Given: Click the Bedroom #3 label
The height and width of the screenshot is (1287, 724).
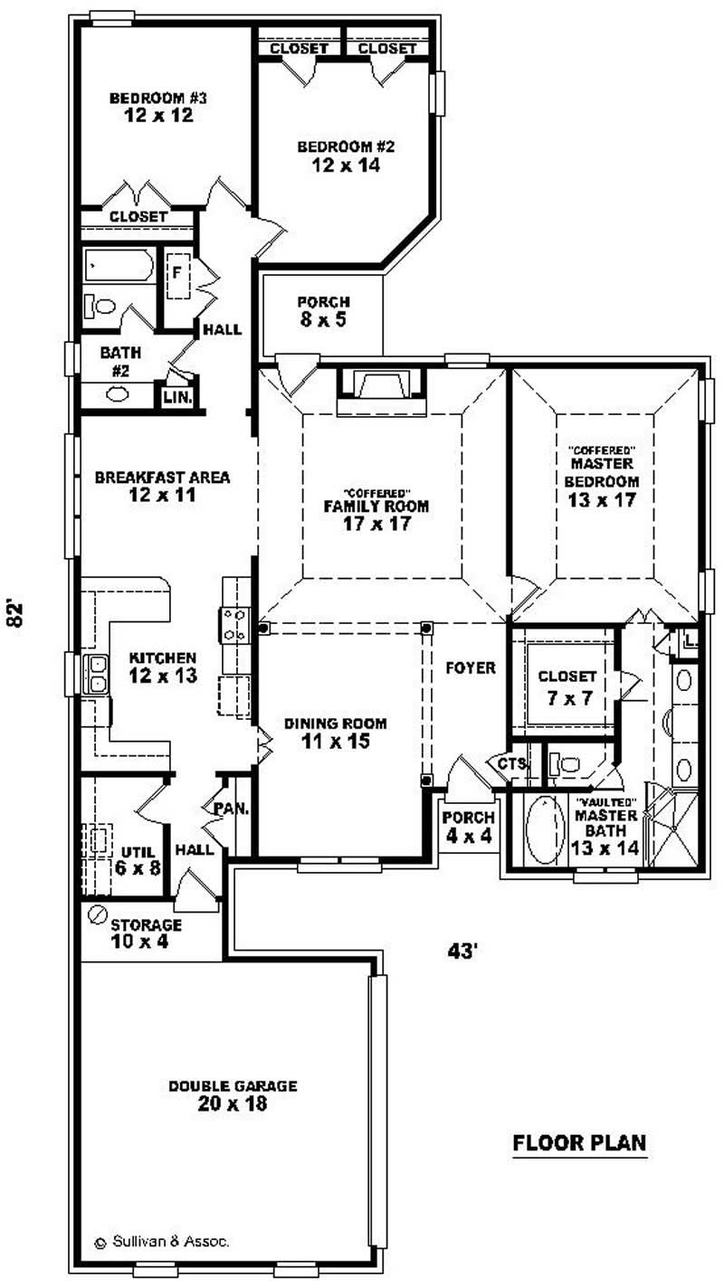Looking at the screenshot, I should [151, 98].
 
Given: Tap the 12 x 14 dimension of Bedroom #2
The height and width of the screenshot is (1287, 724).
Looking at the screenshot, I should [346, 166].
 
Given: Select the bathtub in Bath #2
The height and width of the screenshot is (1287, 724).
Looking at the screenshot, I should [119, 267].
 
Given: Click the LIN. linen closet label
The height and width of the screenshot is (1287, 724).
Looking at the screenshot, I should [176, 396].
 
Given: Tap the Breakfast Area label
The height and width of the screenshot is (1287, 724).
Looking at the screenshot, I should [162, 477].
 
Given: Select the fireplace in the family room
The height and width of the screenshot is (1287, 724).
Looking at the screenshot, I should [380, 386].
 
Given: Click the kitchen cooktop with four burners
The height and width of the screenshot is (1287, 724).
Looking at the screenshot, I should [233, 625].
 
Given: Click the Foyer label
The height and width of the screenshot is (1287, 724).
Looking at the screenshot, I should [470, 668].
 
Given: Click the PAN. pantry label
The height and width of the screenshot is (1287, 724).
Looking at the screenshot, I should [230, 808].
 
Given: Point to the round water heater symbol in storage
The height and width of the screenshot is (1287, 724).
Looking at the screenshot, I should [97, 914].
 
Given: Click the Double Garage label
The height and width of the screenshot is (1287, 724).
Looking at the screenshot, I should [233, 1086].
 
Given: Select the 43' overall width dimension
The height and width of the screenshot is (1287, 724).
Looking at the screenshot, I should [462, 951].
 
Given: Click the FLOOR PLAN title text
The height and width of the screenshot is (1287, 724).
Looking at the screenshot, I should [579, 1142].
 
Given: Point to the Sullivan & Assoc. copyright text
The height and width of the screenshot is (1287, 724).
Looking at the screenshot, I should [162, 1242].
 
